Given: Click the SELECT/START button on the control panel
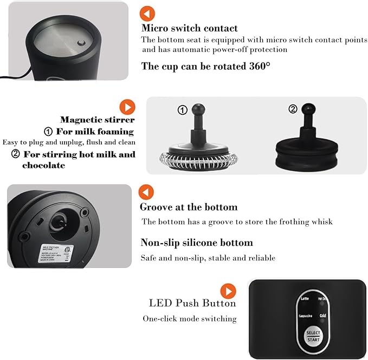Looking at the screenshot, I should tap(313, 336).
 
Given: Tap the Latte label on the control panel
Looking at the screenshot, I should tap(305, 299).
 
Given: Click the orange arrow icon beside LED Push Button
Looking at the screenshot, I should tap(228, 291).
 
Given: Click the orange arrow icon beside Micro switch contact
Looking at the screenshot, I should tap(147, 14).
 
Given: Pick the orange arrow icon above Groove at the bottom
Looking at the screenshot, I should tap(146, 192).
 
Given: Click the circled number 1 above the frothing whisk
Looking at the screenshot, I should tap(183, 110).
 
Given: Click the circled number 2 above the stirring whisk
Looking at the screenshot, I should tap(293, 109).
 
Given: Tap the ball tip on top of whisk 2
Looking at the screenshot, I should tap(308, 108).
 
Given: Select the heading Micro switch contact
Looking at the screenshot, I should tap(189, 28).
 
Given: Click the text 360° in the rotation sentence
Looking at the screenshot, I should tap(258, 66).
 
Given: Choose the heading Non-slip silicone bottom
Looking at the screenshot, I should tap(196, 243).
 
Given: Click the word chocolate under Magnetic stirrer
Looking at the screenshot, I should tap(43, 165).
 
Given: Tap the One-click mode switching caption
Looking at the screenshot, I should tap(189, 319).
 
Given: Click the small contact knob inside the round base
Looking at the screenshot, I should tap(81, 44).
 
